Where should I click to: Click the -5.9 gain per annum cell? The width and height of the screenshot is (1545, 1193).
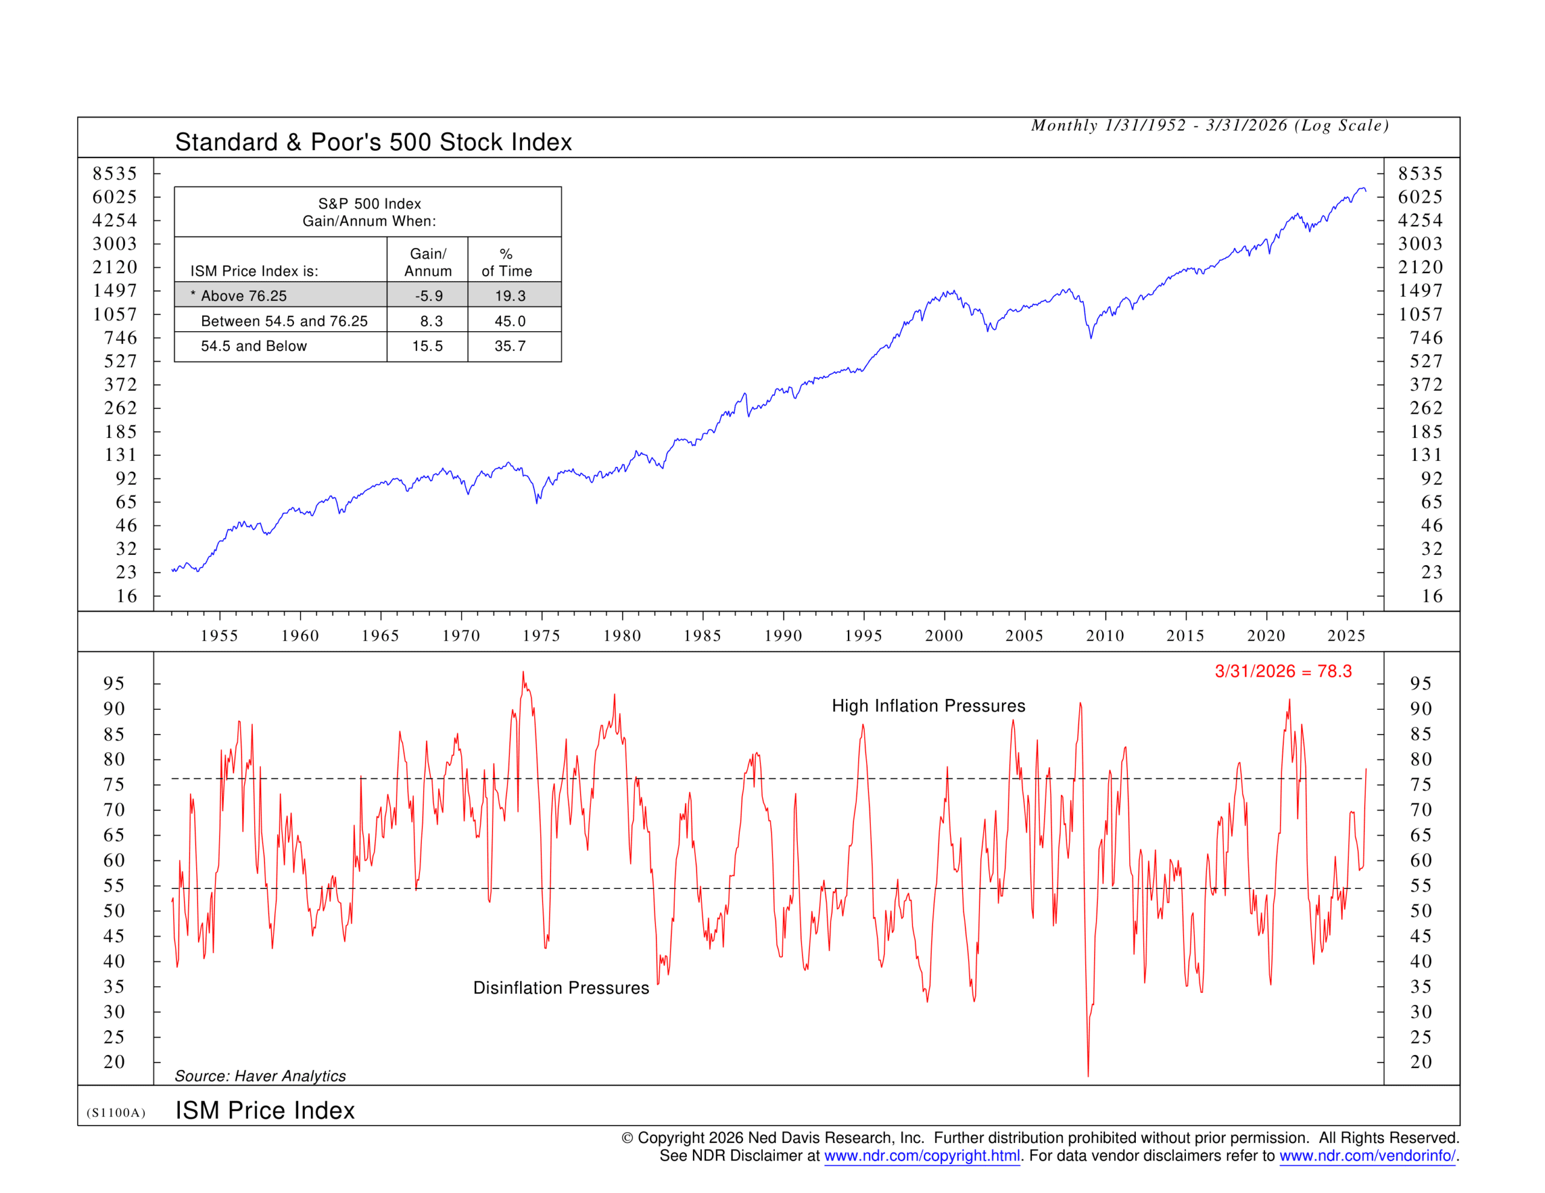tap(428, 296)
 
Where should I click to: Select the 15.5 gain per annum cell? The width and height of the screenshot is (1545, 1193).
tap(427, 346)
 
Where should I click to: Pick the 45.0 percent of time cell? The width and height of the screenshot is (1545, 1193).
tap(510, 321)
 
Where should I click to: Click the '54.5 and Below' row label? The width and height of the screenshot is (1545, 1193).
tap(253, 346)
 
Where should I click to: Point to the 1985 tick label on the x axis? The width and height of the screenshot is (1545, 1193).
tap(702, 635)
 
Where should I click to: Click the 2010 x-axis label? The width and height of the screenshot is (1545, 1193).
tap(1105, 635)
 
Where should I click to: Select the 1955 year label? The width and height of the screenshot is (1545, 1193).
tap(219, 635)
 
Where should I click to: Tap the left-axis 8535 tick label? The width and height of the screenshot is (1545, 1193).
tap(115, 173)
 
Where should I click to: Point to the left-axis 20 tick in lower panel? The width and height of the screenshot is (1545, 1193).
tap(115, 1062)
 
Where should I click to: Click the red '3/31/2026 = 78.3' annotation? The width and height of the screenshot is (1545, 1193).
tap(1282, 671)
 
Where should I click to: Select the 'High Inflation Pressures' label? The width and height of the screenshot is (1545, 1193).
tap(928, 706)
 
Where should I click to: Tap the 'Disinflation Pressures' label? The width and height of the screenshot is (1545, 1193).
tap(561, 988)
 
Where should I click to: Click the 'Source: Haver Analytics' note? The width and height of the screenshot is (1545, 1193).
tap(260, 1075)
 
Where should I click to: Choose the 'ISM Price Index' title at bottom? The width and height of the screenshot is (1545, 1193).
tap(264, 1110)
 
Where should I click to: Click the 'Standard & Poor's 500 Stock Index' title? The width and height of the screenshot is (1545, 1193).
tap(374, 142)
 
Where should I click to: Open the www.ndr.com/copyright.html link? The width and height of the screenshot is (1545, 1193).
tap(922, 1156)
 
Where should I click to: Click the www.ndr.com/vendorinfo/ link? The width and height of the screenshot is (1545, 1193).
tap(1368, 1156)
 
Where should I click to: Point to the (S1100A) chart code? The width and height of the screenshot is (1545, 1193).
tap(116, 1112)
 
